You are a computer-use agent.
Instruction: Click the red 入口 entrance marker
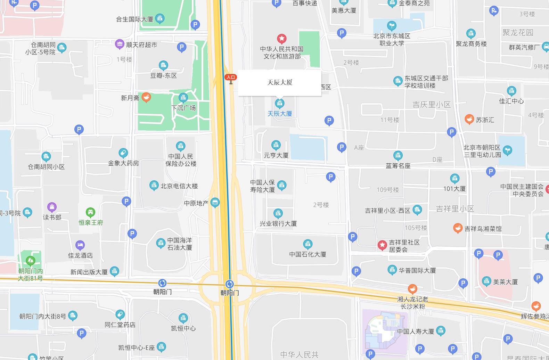[x=231, y=77]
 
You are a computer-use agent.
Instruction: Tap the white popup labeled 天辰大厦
[x=279, y=82]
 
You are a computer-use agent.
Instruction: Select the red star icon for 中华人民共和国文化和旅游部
[x=281, y=39]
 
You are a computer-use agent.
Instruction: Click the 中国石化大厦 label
[x=308, y=254]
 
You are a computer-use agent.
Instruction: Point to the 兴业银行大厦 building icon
[x=278, y=213]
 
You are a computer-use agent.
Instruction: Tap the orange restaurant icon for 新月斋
[x=146, y=97]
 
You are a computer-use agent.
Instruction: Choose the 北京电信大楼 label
[x=179, y=186]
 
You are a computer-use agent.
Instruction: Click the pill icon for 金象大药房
[x=123, y=153]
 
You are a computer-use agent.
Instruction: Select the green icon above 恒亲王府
[x=90, y=212]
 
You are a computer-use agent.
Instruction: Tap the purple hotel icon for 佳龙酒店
[x=80, y=245]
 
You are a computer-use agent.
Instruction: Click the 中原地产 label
[x=196, y=203]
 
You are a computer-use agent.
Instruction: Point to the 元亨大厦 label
[x=276, y=155]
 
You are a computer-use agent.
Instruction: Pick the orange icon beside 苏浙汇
[x=469, y=119]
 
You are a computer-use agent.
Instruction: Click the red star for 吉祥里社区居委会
[x=382, y=245]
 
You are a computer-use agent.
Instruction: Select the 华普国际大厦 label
[x=417, y=270]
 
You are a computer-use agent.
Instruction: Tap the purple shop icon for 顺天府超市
[x=120, y=44]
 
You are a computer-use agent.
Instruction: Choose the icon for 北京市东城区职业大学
[x=392, y=26]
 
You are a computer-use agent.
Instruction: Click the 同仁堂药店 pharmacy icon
[x=120, y=315]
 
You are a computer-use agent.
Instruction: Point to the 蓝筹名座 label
[x=398, y=166]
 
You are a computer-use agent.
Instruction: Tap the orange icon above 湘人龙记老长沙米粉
[x=412, y=289]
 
